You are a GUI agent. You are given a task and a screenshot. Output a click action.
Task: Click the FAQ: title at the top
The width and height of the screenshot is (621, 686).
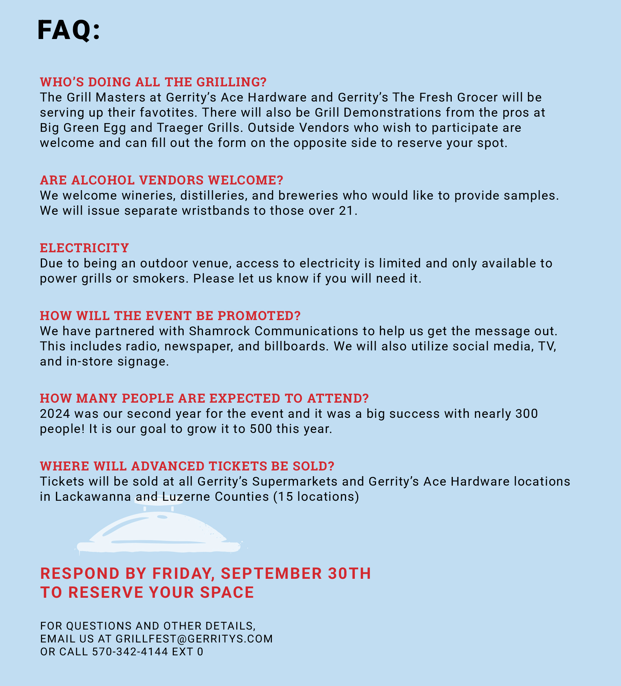point(69,30)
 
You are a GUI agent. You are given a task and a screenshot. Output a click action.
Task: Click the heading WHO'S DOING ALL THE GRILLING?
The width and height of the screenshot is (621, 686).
point(153,82)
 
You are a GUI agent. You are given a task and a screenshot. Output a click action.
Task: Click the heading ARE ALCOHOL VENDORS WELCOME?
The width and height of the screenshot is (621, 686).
point(162,180)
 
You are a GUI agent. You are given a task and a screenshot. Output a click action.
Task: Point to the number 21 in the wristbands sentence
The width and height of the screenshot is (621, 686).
point(346,211)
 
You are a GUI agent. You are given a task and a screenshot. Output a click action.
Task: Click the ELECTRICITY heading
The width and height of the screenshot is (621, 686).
point(84,248)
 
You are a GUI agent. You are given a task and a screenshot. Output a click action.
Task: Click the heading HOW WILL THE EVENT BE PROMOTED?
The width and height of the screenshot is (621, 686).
point(170,316)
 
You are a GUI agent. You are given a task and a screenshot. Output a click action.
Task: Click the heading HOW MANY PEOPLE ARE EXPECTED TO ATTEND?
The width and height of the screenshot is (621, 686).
point(204,398)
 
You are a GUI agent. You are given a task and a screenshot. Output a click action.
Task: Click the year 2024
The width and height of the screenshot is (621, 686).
point(55,414)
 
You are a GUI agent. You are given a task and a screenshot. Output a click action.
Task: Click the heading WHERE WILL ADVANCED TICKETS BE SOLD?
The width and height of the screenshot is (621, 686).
point(187,466)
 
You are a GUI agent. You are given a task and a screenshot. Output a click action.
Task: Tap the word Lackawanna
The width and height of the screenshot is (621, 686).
point(93,497)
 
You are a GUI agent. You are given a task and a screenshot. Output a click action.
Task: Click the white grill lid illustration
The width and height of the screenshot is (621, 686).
point(159,530)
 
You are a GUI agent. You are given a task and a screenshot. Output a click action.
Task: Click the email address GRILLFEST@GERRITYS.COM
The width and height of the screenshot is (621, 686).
point(194,639)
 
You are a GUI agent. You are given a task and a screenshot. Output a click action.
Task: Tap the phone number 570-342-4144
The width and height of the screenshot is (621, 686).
point(130,652)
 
